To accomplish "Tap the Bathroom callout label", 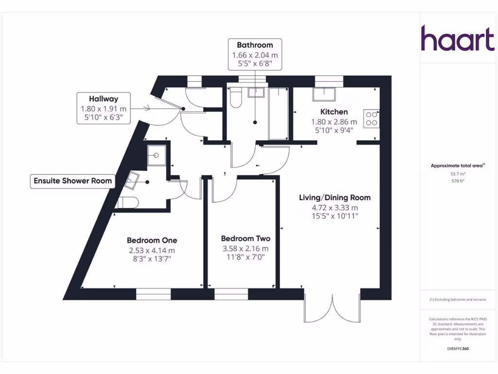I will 255,45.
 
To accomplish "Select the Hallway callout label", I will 103,99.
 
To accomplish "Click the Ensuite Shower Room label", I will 72,181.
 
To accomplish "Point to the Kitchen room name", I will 334,112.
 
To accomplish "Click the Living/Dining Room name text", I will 335,197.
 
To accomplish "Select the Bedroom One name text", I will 152,240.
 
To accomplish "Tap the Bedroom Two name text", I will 245,238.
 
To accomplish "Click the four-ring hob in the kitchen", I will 372,118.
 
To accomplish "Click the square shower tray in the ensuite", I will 156,155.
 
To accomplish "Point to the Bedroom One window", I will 153,294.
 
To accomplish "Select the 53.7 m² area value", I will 457,173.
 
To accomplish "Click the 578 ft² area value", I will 457,181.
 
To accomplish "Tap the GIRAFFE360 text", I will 457,349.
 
